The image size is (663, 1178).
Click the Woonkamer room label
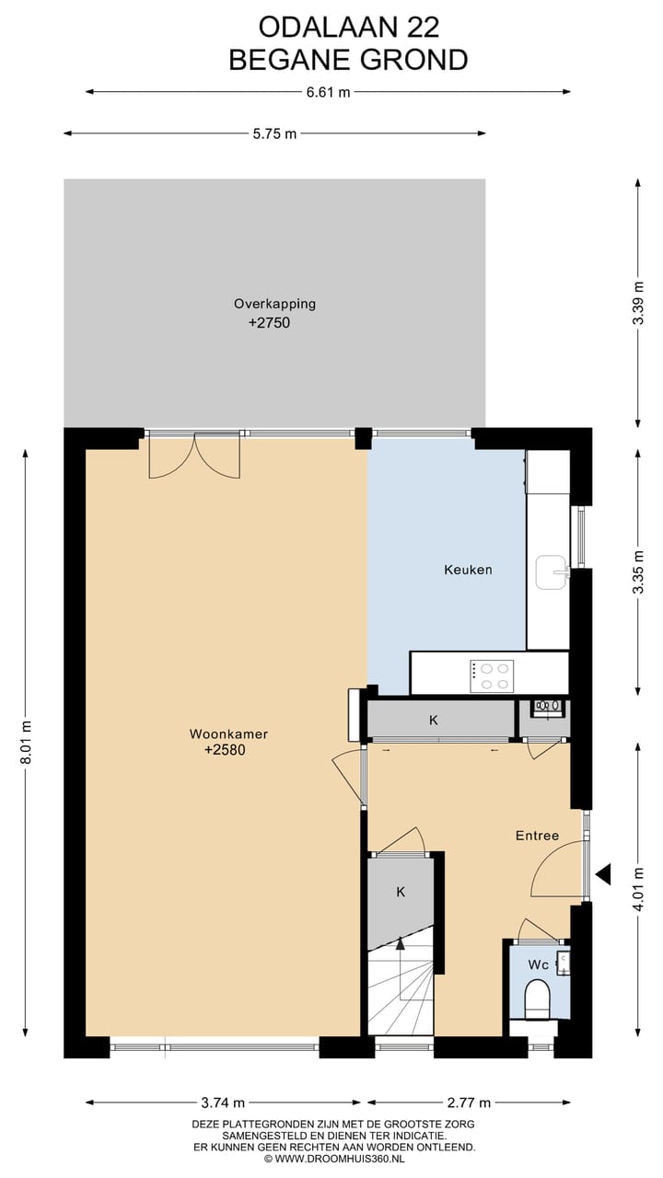[x=228, y=733]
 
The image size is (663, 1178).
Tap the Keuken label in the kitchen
[x=468, y=570]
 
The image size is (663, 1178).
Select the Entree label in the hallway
[x=537, y=836]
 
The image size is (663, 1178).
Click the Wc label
[x=539, y=964]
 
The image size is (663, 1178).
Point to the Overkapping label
[x=274, y=304]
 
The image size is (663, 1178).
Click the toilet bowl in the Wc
[x=537, y=999]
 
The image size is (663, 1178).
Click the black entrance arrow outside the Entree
[x=604, y=873]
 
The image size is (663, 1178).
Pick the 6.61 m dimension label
[x=328, y=92]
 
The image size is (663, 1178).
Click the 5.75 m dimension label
[x=274, y=133]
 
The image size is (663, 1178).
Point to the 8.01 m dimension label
[x=25, y=743]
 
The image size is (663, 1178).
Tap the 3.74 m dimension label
[x=223, y=1103]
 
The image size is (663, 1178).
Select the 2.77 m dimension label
[x=469, y=1103]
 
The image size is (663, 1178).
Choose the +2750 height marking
[x=274, y=323]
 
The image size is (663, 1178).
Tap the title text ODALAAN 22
[x=348, y=26]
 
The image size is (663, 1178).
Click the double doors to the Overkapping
[x=194, y=456]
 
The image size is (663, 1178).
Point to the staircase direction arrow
[x=400, y=942]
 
